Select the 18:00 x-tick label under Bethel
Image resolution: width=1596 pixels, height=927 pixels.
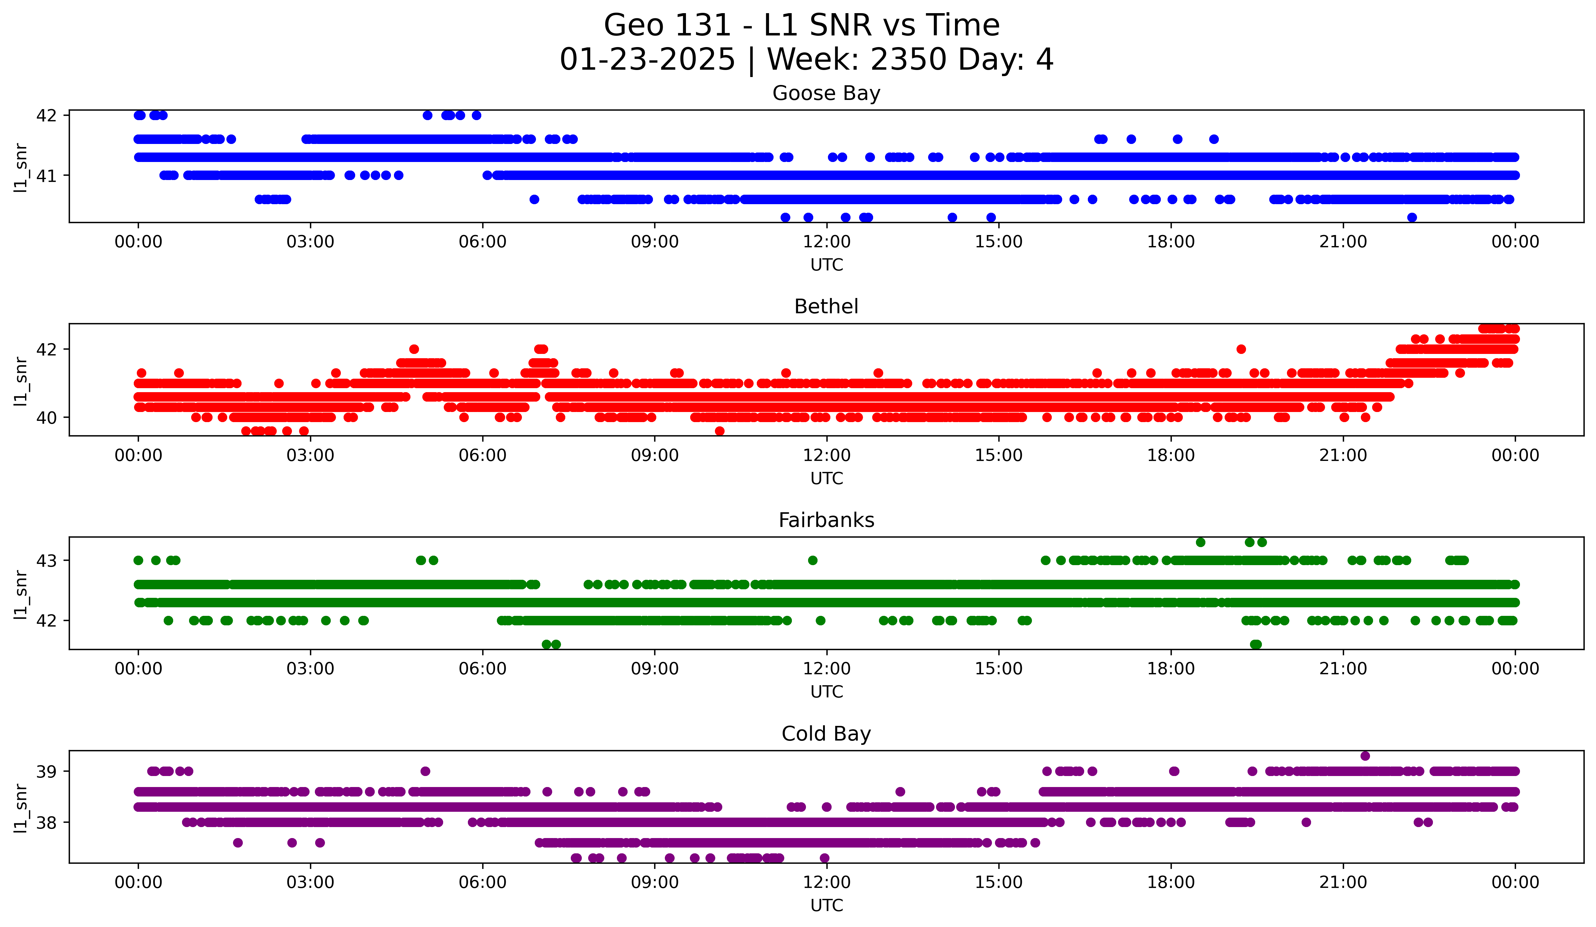[x=1171, y=456]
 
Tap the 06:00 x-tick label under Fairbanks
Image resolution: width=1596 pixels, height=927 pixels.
[x=483, y=669]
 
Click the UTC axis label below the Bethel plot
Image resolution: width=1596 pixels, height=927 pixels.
[x=826, y=478]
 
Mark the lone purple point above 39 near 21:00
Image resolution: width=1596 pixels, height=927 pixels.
[x=1365, y=756]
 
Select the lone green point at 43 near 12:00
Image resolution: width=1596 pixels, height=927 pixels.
[x=813, y=560]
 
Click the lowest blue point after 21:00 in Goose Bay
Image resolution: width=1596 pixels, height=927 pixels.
[x=1412, y=217]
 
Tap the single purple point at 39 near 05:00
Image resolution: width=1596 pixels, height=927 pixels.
[x=425, y=771]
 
